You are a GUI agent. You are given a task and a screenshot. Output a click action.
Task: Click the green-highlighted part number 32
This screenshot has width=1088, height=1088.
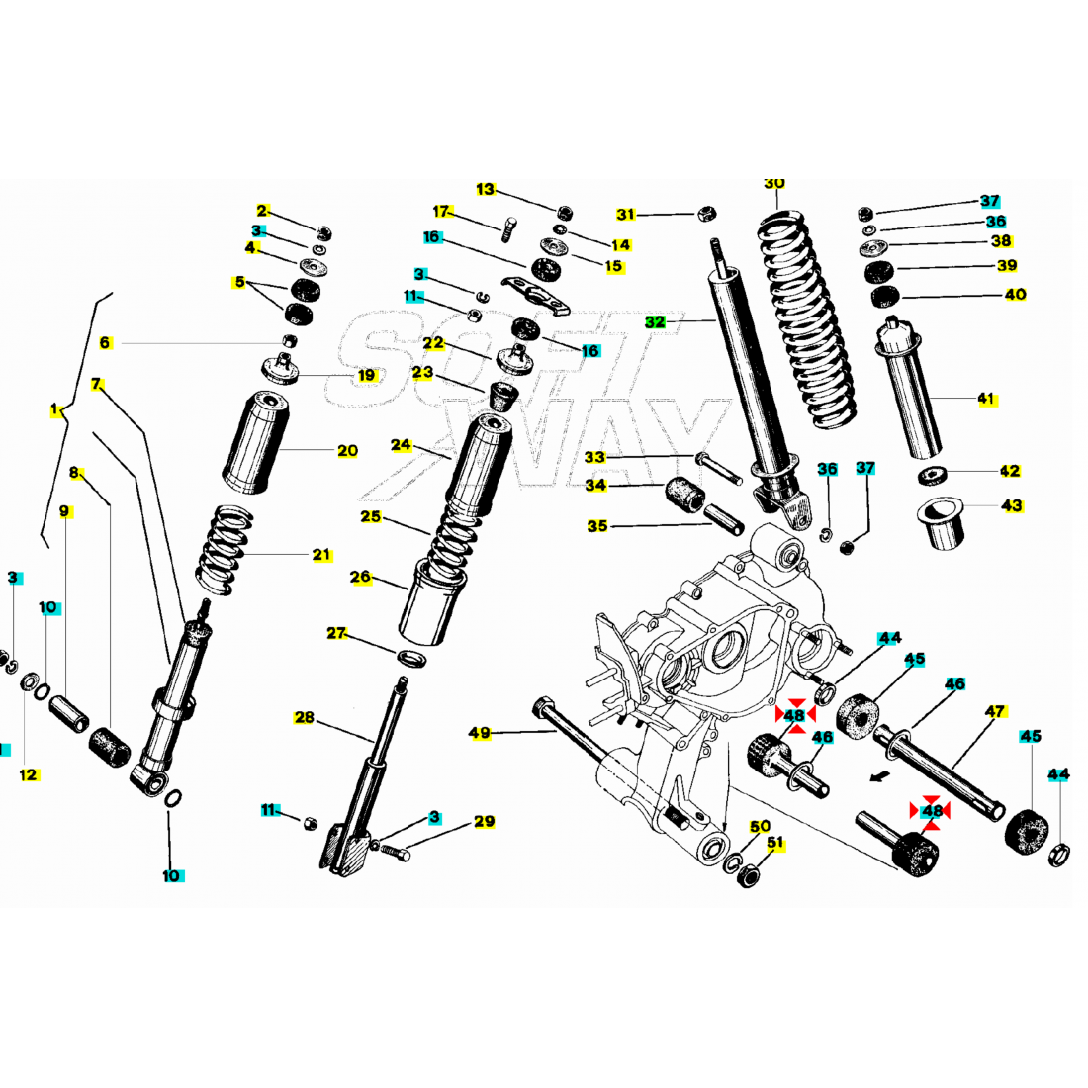(655, 321)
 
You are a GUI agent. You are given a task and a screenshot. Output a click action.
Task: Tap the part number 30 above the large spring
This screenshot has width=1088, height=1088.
(774, 184)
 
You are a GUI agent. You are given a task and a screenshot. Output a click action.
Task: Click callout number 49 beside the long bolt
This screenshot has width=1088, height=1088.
(480, 733)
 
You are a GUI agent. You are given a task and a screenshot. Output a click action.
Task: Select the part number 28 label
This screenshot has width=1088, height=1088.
(304, 717)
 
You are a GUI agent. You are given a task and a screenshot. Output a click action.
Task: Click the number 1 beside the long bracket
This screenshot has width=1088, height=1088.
(55, 408)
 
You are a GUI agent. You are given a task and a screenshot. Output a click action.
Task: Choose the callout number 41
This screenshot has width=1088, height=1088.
(986, 399)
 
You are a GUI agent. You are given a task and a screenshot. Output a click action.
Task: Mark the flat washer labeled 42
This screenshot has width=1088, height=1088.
(931, 476)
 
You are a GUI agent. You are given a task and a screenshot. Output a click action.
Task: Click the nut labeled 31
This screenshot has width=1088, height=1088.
(706, 213)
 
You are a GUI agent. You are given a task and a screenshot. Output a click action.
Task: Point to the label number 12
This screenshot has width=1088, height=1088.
(29, 774)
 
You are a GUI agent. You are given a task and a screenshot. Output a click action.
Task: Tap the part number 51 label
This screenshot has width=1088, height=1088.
(775, 844)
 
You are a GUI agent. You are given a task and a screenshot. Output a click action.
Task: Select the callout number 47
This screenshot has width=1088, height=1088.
(995, 711)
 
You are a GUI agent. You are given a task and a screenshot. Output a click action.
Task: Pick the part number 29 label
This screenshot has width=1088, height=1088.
(484, 822)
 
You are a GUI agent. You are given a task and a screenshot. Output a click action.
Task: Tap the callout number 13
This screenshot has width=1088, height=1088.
(485, 189)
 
